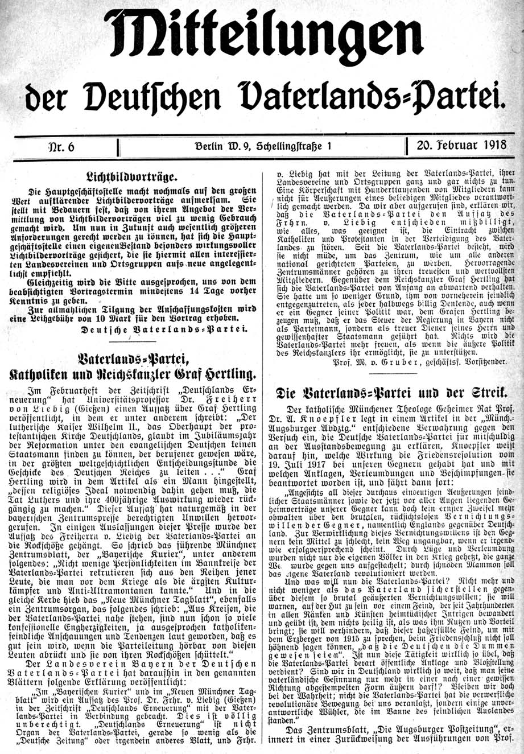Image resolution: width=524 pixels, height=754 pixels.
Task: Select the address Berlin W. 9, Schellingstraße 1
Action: (x=262, y=146)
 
